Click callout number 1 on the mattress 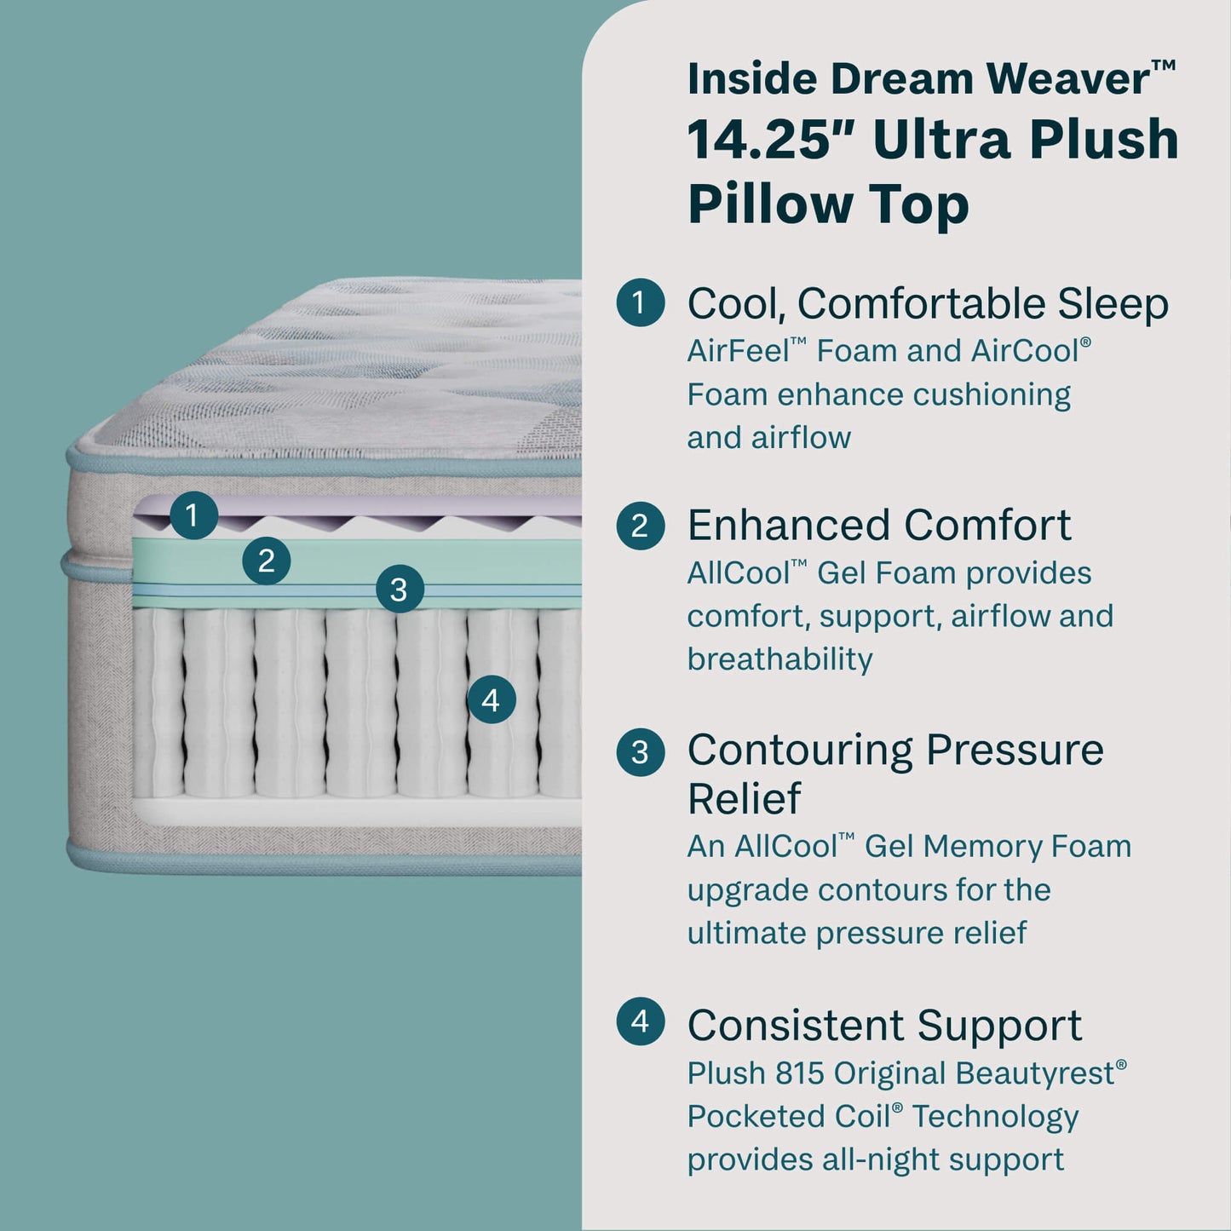(193, 515)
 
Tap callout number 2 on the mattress (267, 561)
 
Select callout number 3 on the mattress (399, 590)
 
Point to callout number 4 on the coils (491, 700)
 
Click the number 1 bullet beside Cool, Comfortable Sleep (640, 302)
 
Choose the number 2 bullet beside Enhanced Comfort (640, 526)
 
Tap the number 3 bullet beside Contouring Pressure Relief (640, 751)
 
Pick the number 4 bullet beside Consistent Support (640, 1021)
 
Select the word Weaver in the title (1068, 79)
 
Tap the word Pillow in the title (770, 204)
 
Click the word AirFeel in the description (738, 351)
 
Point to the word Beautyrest (1034, 1073)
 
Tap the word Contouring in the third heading (800, 751)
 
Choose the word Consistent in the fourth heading (795, 1026)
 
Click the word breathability (779, 659)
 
